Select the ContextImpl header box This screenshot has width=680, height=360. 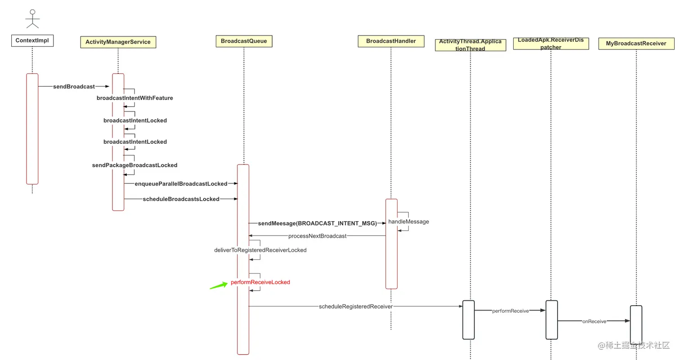pos(32,40)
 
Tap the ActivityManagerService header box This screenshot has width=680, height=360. pos(118,42)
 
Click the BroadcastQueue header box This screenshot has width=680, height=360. pos(244,41)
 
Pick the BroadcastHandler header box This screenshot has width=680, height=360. pos(391,41)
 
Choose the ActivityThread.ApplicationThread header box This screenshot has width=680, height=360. pos(470,45)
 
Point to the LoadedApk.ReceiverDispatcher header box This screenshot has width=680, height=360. pos(550,44)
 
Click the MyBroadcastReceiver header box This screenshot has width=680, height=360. pos(636,44)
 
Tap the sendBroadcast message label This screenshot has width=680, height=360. pos(74,86)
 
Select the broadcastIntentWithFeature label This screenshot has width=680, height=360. pos(134,98)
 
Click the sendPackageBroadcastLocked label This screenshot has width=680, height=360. pos(134,165)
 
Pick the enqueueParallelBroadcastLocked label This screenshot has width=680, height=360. pos(181,183)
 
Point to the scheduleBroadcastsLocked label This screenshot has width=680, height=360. pos(181,199)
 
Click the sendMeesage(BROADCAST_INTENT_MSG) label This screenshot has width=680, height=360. pos(317,223)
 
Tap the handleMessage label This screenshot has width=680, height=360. pos(408,222)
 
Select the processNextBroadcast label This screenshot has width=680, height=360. pos(317,236)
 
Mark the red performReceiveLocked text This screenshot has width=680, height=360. pos(260,282)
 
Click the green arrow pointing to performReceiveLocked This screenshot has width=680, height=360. pos(219,285)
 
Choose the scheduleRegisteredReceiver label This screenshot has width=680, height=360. pos(355,307)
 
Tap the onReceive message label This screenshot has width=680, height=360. pos(594,321)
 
